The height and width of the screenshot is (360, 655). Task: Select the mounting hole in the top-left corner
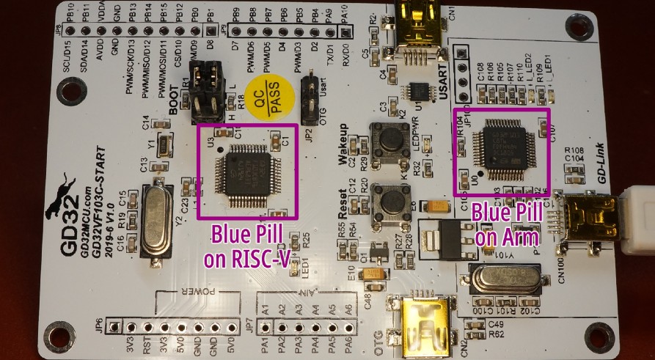(72, 92)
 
